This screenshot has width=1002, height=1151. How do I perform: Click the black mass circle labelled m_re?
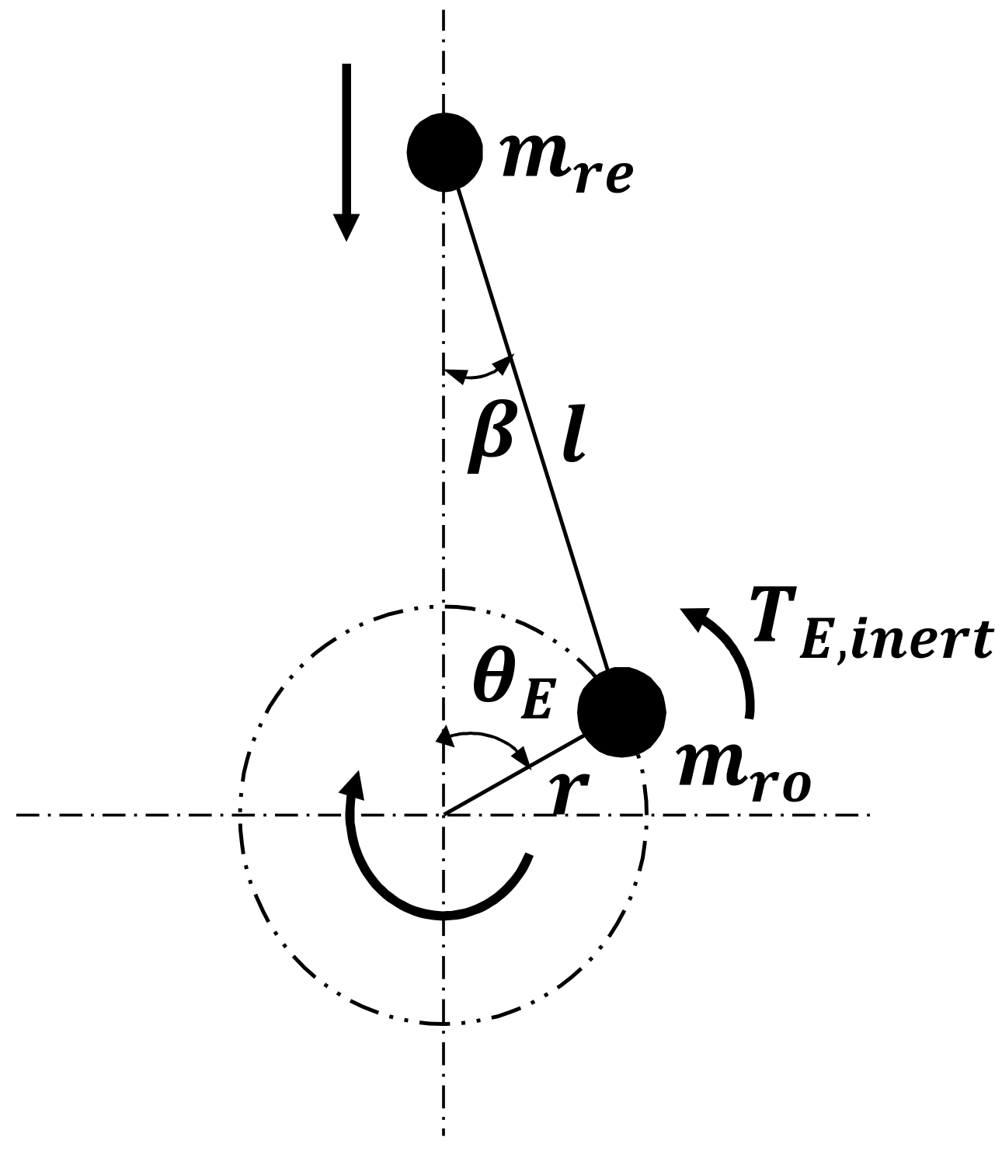click(x=444, y=151)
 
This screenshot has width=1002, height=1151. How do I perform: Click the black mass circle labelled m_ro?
click(x=623, y=711)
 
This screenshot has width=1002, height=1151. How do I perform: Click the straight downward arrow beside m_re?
click(x=346, y=148)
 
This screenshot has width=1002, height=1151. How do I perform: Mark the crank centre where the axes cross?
click(x=444, y=815)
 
